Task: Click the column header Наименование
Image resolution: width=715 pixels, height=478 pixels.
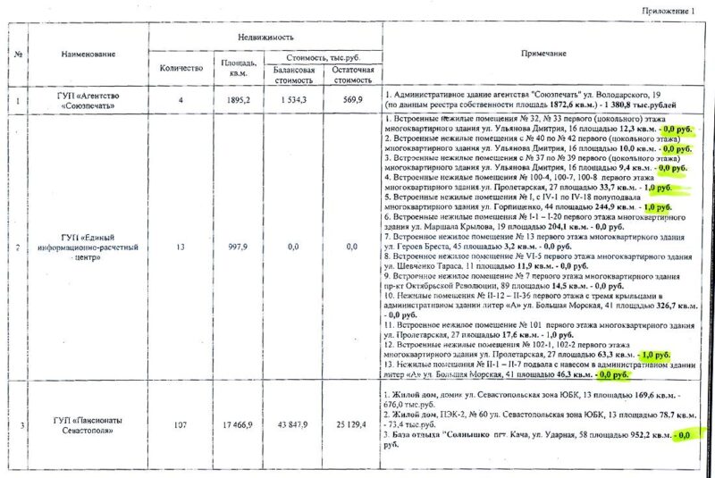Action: click(x=88, y=55)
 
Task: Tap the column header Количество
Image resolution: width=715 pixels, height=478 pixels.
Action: click(x=181, y=68)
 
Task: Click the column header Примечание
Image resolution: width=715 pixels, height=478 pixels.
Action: click(x=543, y=55)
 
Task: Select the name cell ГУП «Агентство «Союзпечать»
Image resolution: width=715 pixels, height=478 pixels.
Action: click(x=88, y=98)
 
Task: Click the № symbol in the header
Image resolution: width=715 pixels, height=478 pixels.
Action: click(x=18, y=55)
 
